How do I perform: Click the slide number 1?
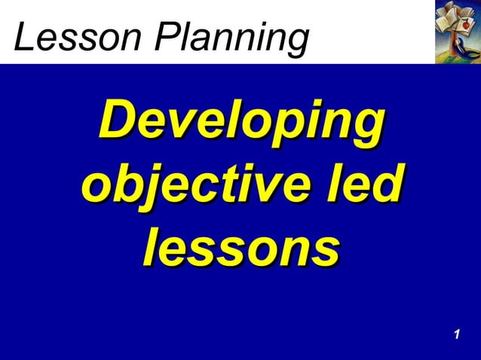(457, 334)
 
